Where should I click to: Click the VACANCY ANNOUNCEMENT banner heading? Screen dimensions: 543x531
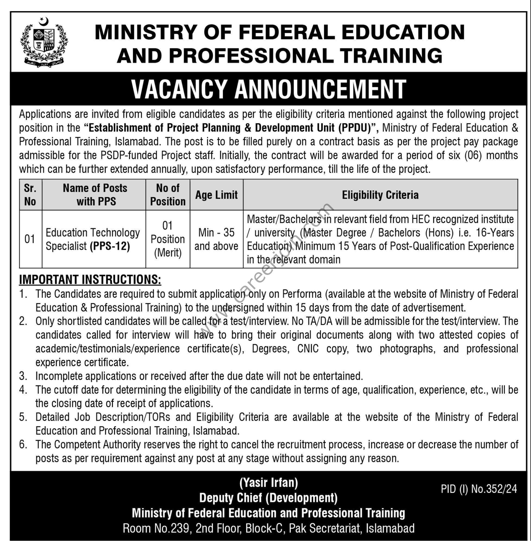pos(268,89)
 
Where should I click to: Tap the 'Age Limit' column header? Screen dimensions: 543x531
pos(216,195)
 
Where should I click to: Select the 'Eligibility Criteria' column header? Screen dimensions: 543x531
pos(380,195)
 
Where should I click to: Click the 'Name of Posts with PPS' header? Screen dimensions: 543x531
pos(95,194)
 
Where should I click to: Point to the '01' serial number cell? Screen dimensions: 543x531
pos(30,239)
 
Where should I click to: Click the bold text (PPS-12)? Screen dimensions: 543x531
pos(110,246)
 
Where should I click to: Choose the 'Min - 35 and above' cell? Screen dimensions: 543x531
pos(216,239)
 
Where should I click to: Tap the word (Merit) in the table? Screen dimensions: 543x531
pos(168,253)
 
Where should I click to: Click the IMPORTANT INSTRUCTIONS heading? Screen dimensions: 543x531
pos(90,280)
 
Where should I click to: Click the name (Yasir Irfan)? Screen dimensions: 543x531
pos(268,482)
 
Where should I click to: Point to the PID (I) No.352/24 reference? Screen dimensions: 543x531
pos(479,489)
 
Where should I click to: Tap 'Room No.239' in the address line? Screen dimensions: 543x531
pos(156,528)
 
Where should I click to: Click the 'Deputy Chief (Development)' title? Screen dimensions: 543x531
pos(268,498)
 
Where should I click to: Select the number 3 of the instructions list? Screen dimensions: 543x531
pos(23,376)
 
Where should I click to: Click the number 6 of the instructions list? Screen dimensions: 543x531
pos(23,444)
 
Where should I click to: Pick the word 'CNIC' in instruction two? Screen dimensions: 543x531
pos(308,349)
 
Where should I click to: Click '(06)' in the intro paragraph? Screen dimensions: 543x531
pos(473,155)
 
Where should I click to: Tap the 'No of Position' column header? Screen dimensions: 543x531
pos(168,194)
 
